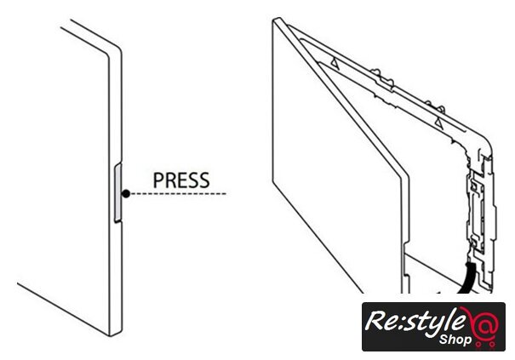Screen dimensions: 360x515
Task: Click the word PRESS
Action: [180, 180]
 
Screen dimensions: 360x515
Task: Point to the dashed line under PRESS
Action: [179, 195]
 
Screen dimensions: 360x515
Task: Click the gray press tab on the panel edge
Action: [117, 193]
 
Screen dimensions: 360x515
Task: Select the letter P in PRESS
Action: [157, 180]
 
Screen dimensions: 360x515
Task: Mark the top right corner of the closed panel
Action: [116, 49]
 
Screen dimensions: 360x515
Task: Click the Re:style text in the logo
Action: [414, 322]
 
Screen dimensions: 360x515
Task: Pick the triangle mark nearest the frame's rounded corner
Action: [437, 124]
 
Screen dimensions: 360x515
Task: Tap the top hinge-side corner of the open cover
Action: [274, 22]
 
